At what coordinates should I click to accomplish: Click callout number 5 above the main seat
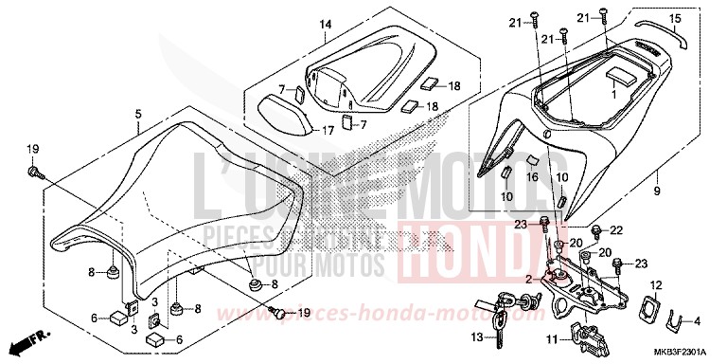(x=138, y=114)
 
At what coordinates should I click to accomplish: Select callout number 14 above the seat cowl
(x=325, y=24)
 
